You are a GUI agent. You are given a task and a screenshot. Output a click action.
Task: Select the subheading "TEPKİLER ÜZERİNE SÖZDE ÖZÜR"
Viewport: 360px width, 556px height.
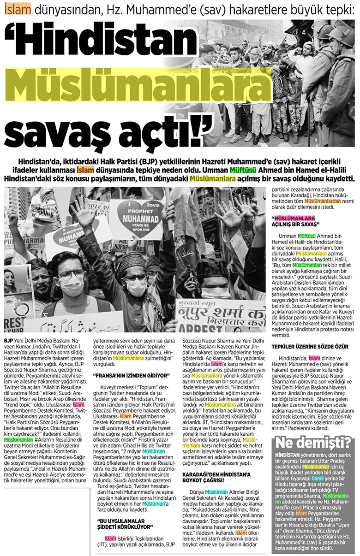coord(309,346)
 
